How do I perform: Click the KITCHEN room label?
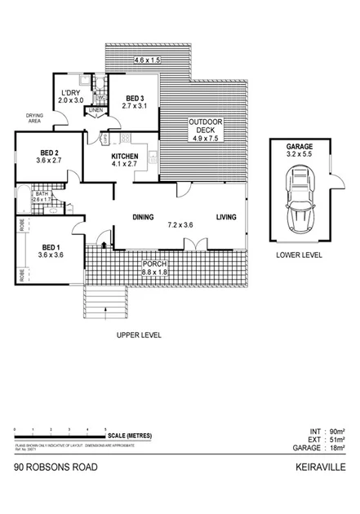point(125,160)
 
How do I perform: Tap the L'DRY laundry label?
point(71,95)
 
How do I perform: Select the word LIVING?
point(227,218)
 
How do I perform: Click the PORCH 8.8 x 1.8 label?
point(155,268)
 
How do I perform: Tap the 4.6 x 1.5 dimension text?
point(149,60)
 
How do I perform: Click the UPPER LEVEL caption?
point(140,335)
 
